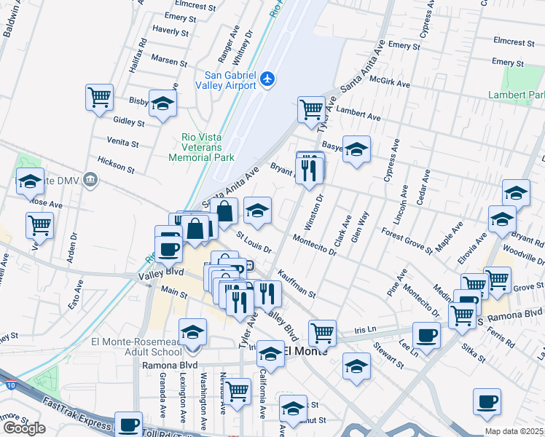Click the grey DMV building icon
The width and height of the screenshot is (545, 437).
click(x=90, y=179)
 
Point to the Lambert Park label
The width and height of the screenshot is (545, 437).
click(x=517, y=95)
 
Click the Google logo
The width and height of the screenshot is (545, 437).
click(x=24, y=428)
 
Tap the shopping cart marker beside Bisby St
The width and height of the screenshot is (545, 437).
click(x=99, y=97)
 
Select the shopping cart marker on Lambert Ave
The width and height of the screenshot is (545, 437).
click(x=311, y=109)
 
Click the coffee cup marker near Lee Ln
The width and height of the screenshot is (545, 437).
click(x=426, y=335)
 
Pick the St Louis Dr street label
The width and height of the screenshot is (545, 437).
click(x=254, y=243)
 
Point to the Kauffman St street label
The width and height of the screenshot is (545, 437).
click(x=297, y=284)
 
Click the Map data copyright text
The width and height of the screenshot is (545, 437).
click(x=513, y=431)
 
